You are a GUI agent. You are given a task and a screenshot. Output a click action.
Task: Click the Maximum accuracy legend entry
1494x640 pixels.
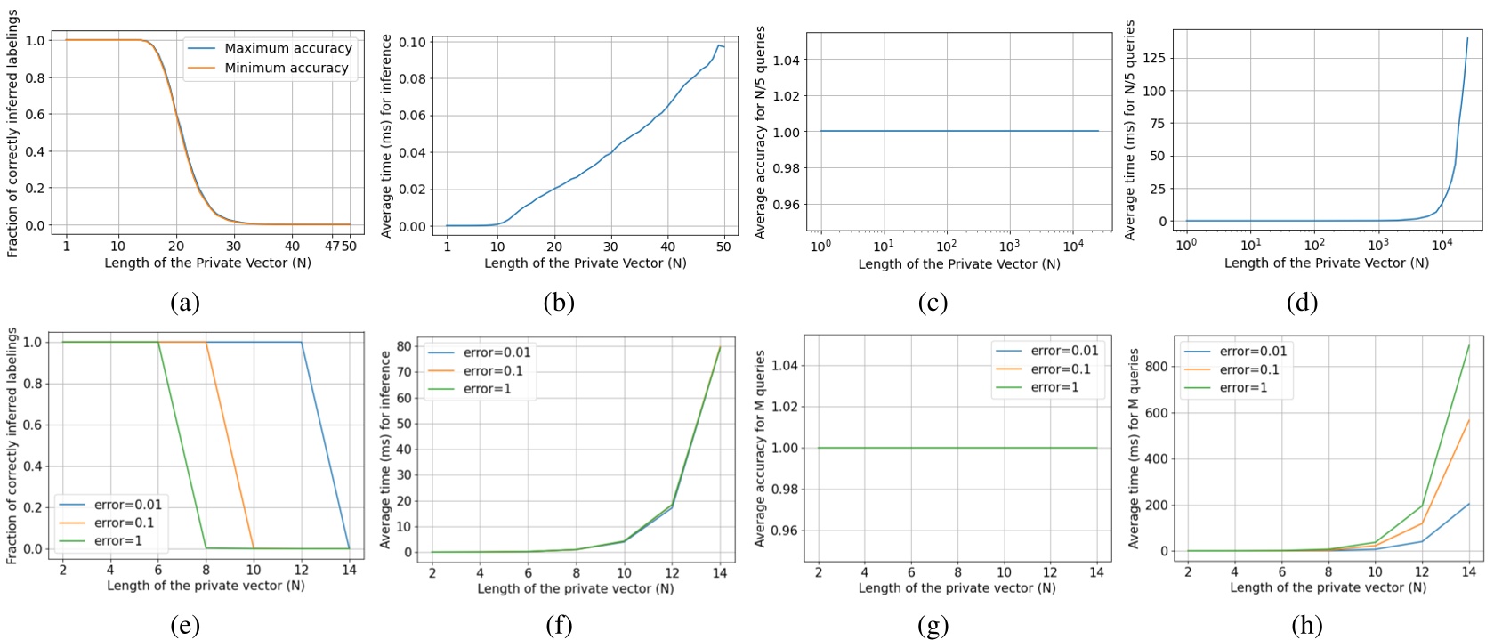[287, 48]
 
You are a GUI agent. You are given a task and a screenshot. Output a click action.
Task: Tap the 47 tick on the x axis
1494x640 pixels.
[332, 246]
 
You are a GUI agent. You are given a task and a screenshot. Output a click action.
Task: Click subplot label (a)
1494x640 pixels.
[184, 304]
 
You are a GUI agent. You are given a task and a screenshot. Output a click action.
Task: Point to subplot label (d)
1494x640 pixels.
[1302, 304]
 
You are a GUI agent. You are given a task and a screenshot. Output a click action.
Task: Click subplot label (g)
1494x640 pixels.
[933, 626]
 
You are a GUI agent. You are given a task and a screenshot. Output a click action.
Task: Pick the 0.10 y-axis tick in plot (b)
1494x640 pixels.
[411, 42]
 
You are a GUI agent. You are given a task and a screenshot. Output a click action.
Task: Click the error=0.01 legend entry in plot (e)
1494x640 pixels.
[127, 505]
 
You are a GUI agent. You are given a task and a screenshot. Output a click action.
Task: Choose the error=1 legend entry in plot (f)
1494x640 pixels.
[487, 389]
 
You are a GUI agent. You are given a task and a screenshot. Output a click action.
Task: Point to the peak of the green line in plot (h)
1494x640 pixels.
[1468, 345]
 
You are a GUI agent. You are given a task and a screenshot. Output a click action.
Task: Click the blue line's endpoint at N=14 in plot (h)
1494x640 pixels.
[1468, 504]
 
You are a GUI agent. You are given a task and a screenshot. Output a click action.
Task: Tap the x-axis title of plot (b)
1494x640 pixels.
[585, 263]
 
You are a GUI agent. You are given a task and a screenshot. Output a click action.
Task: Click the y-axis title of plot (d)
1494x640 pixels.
[1130, 130]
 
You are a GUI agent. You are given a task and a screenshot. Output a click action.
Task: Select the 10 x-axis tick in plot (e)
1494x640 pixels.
[253, 570]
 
